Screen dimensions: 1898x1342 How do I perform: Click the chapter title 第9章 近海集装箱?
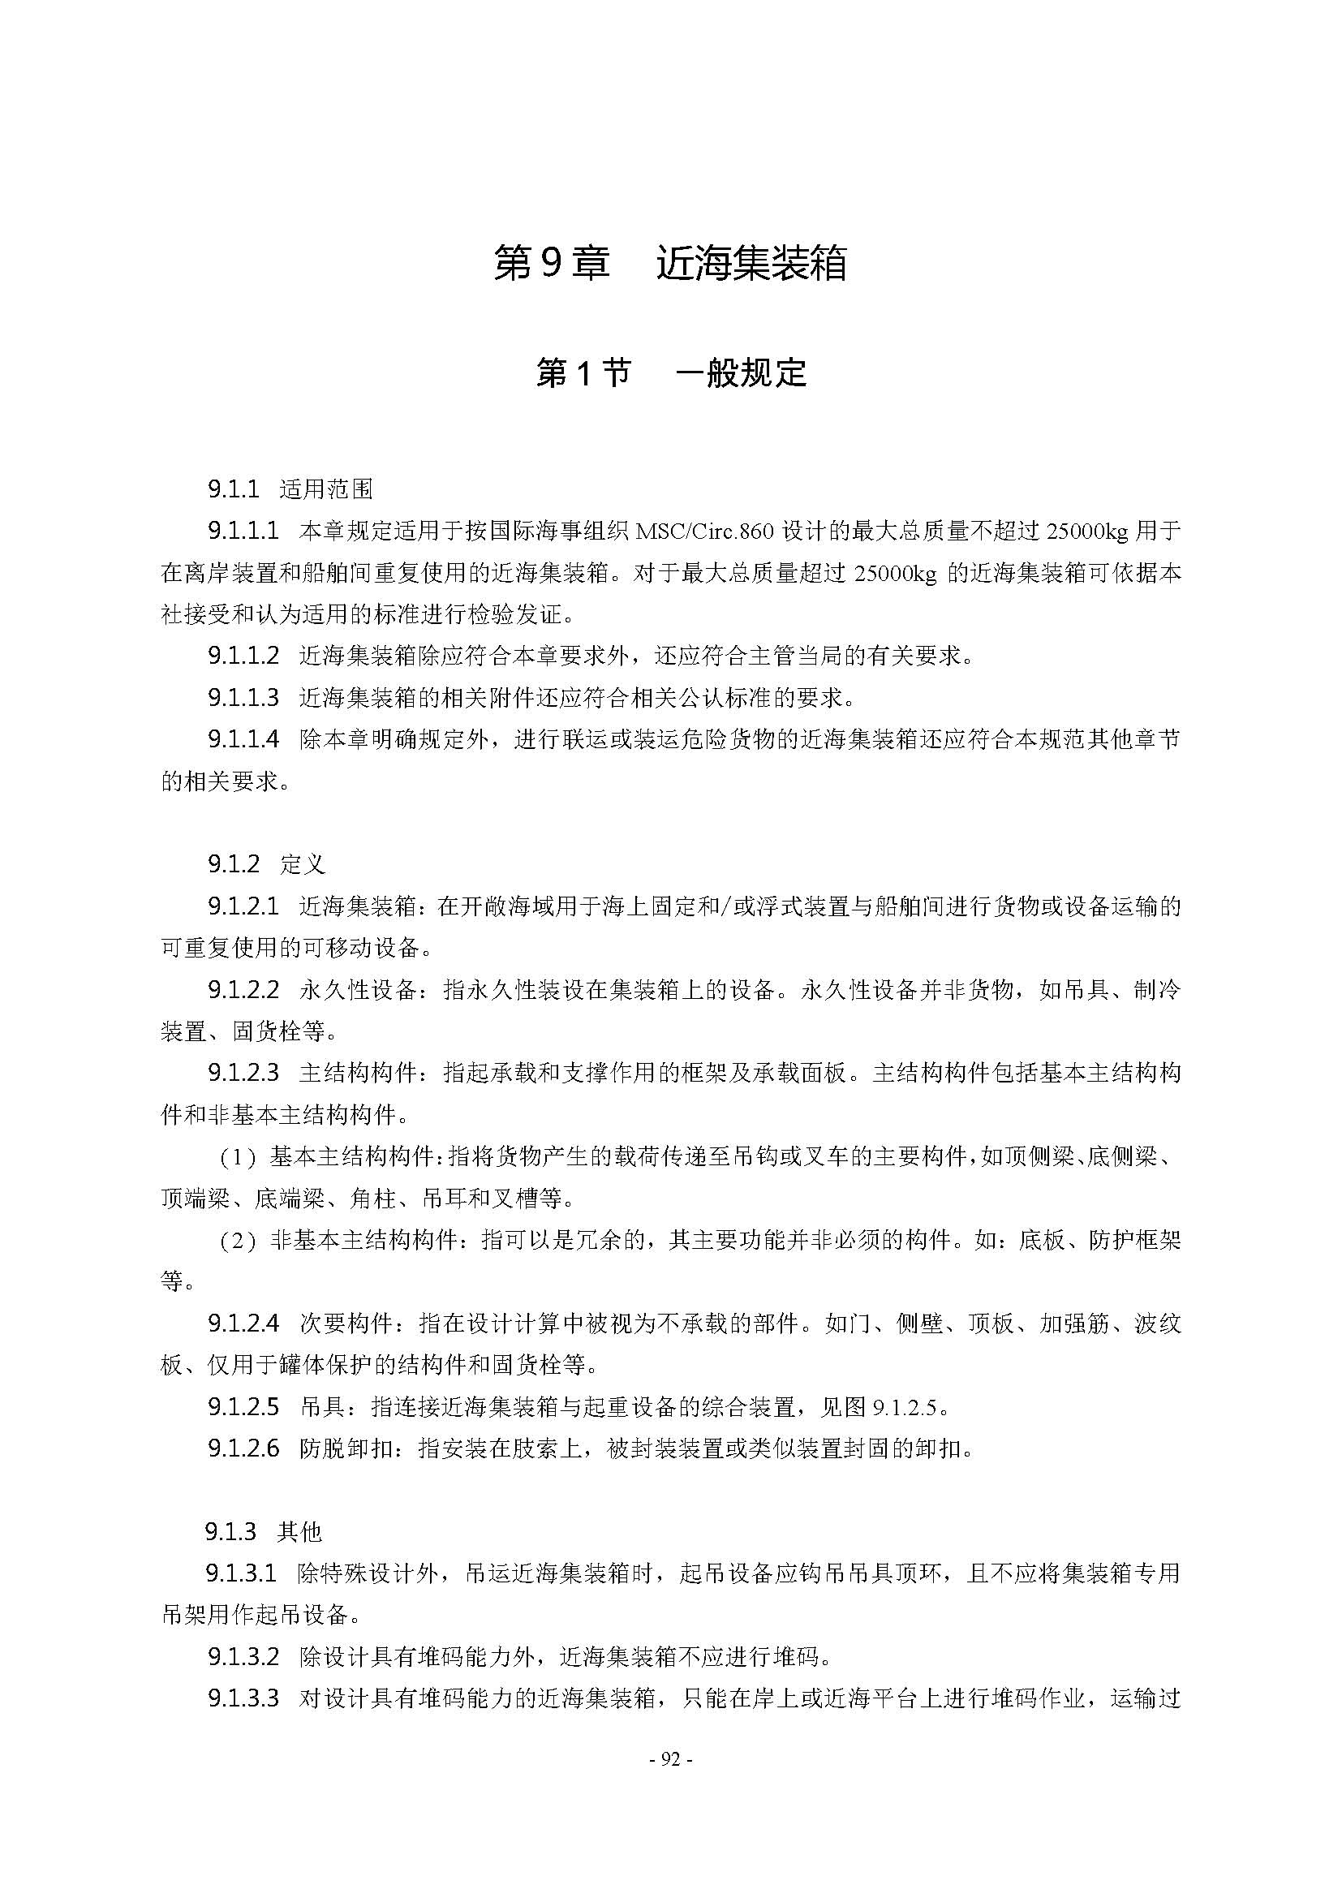pyautogui.click(x=670, y=263)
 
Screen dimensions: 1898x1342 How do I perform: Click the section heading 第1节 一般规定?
pyautogui.click(x=670, y=372)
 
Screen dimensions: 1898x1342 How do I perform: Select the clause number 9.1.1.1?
pyautogui.click(x=243, y=531)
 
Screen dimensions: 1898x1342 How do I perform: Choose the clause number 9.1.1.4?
pyautogui.click(x=243, y=739)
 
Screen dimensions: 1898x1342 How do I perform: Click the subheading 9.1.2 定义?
pyautogui.click(x=266, y=865)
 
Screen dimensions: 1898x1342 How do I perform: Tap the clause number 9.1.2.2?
pyautogui.click(x=243, y=989)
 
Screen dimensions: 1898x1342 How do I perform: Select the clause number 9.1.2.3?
pyautogui.click(x=243, y=1073)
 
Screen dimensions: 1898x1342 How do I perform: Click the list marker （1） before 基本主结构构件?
pyautogui.click(x=238, y=1157)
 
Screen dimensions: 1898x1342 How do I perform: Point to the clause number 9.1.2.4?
pyautogui.click(x=243, y=1324)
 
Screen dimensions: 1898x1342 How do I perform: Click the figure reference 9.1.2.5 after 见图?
pyautogui.click(x=905, y=1407)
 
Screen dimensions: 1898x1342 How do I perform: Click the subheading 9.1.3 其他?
pyautogui.click(x=263, y=1532)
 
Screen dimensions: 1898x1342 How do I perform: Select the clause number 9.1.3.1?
pyautogui.click(x=240, y=1573)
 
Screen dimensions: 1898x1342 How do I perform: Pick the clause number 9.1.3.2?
pyautogui.click(x=243, y=1657)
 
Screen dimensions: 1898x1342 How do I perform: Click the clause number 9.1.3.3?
pyautogui.click(x=243, y=1698)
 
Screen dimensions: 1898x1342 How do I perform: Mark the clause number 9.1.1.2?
pyautogui.click(x=243, y=656)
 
